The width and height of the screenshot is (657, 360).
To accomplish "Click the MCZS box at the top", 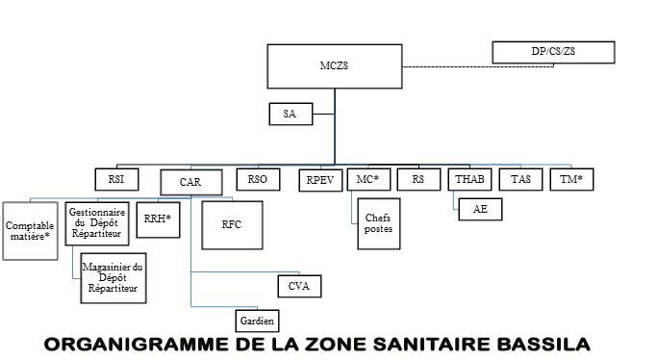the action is point(335,66).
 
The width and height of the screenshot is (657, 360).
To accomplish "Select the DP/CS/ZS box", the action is point(553,52).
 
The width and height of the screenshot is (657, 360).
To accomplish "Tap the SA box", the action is point(291,114).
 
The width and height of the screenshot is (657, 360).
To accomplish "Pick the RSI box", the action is point(116,179).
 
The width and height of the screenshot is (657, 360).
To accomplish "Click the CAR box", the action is point(191,182).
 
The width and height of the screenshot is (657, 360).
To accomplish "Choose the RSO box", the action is point(258,179).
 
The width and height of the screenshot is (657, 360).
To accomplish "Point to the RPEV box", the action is point(320,180).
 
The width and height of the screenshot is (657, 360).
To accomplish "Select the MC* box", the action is point(368,179).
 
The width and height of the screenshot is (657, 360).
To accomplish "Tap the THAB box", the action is point(469,179).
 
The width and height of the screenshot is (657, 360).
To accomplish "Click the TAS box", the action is point(520,179).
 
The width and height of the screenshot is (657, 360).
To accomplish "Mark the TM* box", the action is point(571,179).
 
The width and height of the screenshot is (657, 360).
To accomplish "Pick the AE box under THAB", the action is point(480,209).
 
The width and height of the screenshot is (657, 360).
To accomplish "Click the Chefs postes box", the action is point(379,223).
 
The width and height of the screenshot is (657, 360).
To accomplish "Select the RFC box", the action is point(232,225).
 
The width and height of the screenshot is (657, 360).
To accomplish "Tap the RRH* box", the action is point(158,220).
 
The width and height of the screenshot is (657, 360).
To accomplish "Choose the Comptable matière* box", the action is point(30,231).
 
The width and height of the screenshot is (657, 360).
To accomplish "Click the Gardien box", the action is point(257,321).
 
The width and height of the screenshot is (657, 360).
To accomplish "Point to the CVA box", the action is point(299,286).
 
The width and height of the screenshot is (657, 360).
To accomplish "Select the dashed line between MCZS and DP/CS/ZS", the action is point(478,66).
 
